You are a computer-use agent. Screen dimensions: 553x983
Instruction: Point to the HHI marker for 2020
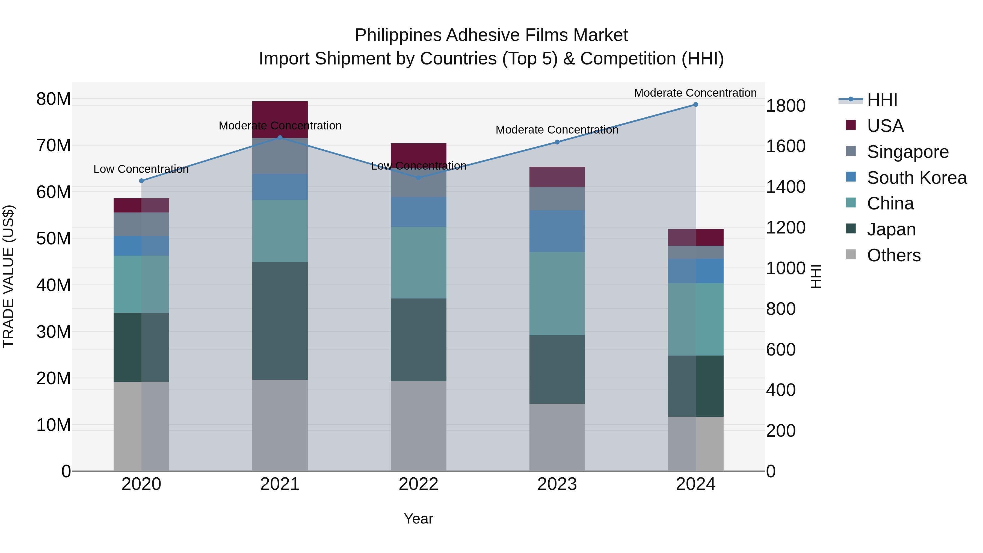coord(141,181)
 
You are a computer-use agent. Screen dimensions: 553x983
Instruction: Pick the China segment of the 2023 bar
coord(557,294)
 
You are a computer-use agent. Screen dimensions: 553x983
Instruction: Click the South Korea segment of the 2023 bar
coord(557,231)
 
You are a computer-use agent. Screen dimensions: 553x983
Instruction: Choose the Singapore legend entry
coord(907,152)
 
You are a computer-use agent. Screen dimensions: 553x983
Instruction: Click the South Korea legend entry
coord(917,178)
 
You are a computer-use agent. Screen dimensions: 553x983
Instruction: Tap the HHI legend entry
coord(881,100)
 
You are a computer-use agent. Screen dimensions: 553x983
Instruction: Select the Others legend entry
coord(893,255)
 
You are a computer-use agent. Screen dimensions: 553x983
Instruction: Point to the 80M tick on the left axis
coord(54,99)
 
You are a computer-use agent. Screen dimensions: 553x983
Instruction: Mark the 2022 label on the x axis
coord(418,484)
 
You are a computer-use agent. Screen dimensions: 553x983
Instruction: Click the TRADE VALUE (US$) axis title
coord(8,276)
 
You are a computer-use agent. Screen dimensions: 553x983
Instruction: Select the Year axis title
coord(418,519)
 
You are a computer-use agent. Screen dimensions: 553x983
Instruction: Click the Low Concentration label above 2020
coord(141,169)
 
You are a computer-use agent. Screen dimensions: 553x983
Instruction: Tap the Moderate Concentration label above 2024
coord(695,93)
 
